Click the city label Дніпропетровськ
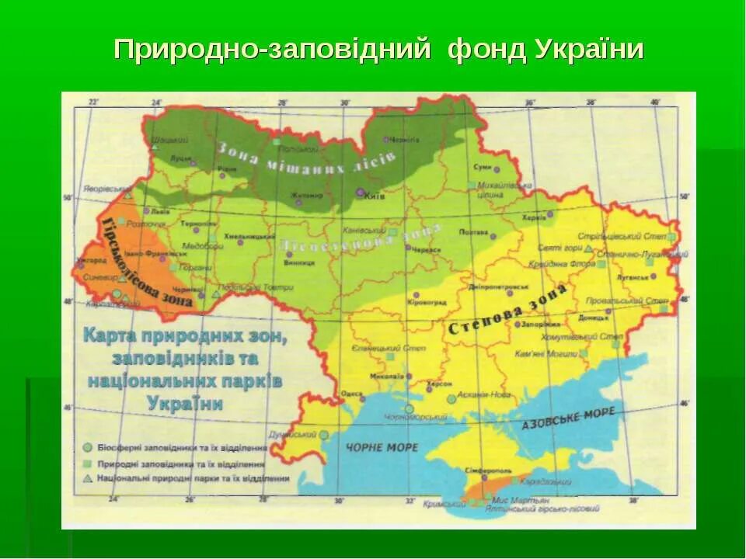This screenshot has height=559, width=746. (489, 286)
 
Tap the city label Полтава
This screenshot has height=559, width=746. (473, 231)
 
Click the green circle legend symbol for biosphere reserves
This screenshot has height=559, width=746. (88, 447)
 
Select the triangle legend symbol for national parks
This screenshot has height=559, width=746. (88, 477)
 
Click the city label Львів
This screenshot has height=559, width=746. (160, 210)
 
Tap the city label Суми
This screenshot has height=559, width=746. (482, 167)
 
